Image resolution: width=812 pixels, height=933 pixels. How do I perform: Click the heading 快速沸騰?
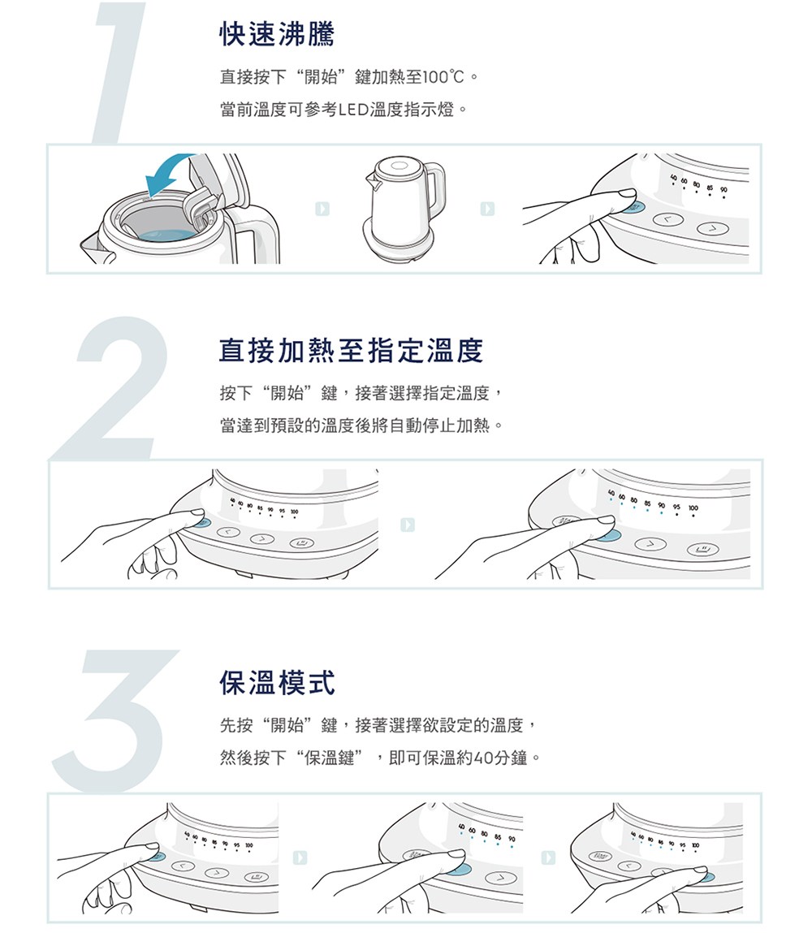pos(277,33)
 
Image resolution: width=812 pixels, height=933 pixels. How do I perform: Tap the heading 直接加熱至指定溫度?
pos(351,350)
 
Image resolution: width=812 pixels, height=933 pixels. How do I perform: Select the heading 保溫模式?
pos(277,682)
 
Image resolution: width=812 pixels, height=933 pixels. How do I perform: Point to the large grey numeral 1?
pos(119,72)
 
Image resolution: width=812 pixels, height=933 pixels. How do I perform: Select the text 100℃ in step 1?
pos(444,77)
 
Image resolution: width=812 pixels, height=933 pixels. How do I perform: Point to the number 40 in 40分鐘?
pos(485,758)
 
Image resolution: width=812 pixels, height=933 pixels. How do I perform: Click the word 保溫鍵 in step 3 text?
pos(330,758)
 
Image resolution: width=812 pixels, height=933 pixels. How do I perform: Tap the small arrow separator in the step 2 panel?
pos(408,525)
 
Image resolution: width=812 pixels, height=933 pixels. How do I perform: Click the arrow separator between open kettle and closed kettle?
pos(322,209)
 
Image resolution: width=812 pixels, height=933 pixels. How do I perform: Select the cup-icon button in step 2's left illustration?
pos(301,543)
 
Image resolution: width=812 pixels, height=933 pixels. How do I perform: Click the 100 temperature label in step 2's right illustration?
pos(693,508)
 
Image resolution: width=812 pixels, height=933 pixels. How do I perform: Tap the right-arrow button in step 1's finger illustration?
pos(712,228)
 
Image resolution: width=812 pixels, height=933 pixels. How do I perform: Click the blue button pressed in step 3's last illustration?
pos(706,877)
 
